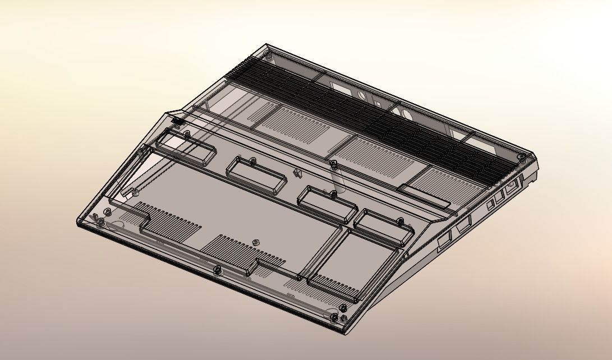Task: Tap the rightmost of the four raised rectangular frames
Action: coord(383,226)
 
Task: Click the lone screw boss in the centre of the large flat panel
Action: coord(256,242)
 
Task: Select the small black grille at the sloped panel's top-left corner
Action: coord(177,120)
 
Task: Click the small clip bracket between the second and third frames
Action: coord(296,172)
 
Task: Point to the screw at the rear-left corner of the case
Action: coord(270,57)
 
